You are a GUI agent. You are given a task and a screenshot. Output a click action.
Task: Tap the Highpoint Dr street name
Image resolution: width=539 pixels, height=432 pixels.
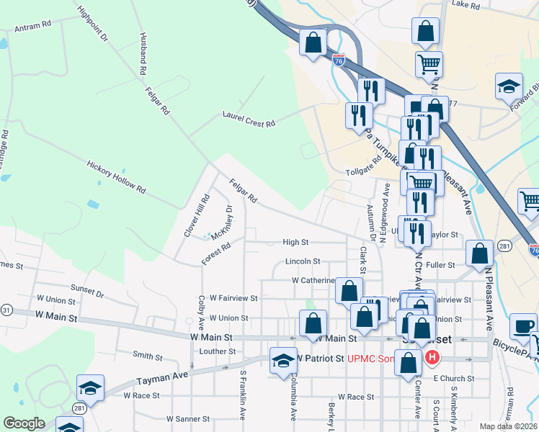[x=92, y=24]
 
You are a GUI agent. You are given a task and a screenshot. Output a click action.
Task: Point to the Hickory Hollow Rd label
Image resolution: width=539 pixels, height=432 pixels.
[x=116, y=176]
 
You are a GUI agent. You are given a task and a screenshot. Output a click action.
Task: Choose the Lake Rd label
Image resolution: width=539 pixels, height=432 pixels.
[x=465, y=4]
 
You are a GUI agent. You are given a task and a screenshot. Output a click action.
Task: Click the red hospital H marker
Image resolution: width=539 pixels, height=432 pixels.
[x=432, y=356]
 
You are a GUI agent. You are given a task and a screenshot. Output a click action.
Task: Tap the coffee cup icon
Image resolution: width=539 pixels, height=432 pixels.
[x=522, y=326]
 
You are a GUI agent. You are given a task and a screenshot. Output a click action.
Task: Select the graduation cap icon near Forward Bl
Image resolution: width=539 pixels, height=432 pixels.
[x=509, y=87]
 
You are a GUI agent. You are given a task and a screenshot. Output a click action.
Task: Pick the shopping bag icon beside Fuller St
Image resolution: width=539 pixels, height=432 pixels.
[x=480, y=253]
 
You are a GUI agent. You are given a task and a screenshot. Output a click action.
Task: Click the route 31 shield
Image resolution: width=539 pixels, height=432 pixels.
[x=6, y=310]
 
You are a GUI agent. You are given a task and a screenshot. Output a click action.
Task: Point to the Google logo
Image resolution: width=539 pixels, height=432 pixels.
[x=23, y=423]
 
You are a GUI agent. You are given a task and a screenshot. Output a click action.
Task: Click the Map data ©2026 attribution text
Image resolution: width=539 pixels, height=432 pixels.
[x=508, y=426]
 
